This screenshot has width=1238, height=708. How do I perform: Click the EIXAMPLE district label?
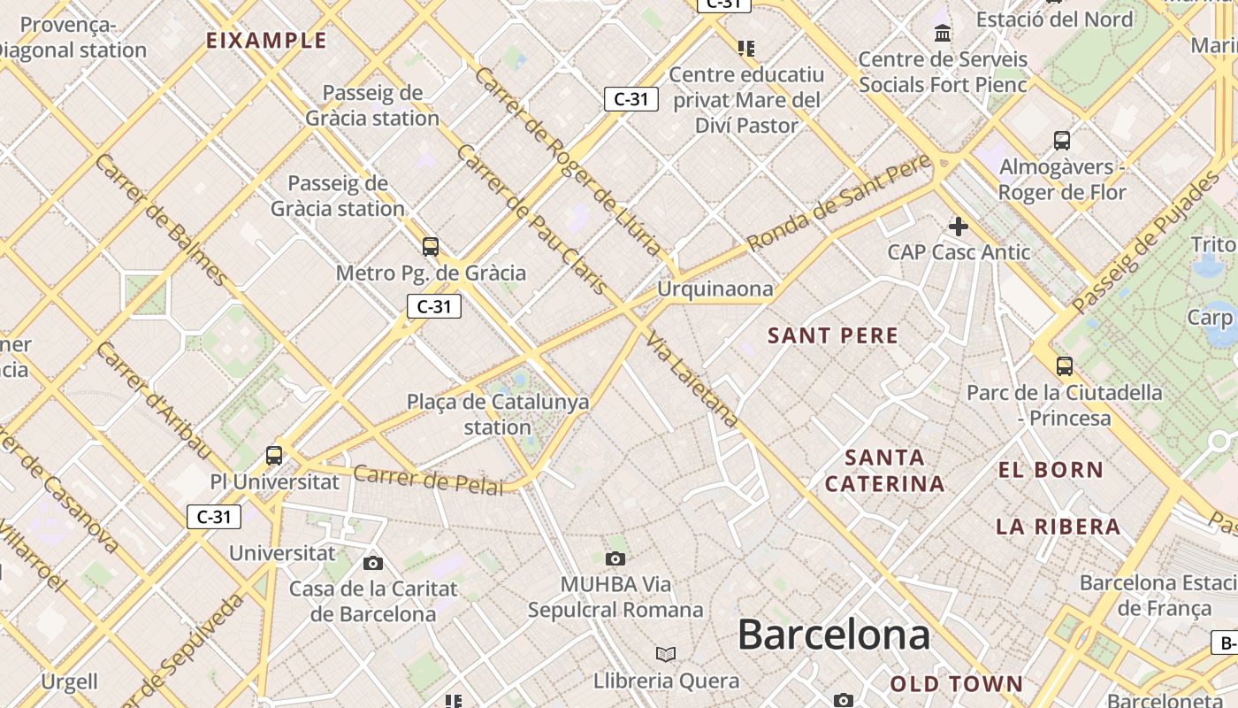coord(266,41)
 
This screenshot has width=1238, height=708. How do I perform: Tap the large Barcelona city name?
coord(833,635)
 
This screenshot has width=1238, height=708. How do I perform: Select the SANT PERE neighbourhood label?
coord(833,335)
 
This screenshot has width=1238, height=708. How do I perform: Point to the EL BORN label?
coord(1051,470)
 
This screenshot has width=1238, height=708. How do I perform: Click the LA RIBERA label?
coord(1058,527)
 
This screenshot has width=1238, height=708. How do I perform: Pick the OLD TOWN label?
coord(956,683)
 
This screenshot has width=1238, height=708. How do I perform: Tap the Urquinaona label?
coord(715,289)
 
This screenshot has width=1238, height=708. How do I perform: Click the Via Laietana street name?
coord(692,379)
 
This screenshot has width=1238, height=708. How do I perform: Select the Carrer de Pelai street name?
coord(428,480)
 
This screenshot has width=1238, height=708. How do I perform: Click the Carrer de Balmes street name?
coord(161,219)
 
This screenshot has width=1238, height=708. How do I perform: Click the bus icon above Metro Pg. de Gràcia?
coord(431,247)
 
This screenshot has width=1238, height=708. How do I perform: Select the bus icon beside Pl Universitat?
coord(274,456)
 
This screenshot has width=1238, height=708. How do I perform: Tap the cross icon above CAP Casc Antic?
coord(959,227)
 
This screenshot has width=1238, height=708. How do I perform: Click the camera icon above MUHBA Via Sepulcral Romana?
coord(615,558)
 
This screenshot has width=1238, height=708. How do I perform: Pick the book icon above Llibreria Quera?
coord(666,654)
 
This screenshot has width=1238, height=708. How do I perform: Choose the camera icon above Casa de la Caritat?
coord(373,563)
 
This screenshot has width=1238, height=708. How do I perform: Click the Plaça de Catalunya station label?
coord(498,414)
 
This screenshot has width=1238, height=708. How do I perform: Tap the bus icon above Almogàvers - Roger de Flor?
coord(1062,140)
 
